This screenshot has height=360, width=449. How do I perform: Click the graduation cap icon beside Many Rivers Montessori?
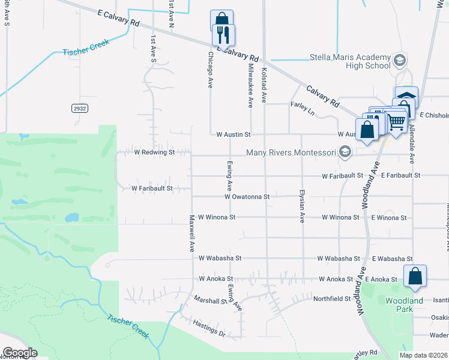(x=345, y=152)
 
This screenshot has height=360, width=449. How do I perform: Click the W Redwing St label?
(x=154, y=153)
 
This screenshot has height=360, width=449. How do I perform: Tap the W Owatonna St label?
(x=247, y=196)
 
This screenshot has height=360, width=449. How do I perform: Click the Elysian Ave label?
(x=302, y=206)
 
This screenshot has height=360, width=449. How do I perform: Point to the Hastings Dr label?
(x=209, y=328)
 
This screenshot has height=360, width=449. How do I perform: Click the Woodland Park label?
(x=404, y=304)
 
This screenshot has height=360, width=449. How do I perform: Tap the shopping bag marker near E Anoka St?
(x=415, y=277)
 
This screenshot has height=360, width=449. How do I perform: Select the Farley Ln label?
(x=303, y=107)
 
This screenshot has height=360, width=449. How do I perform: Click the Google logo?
(x=20, y=353)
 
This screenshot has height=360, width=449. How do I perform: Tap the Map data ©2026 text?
(x=423, y=355)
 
